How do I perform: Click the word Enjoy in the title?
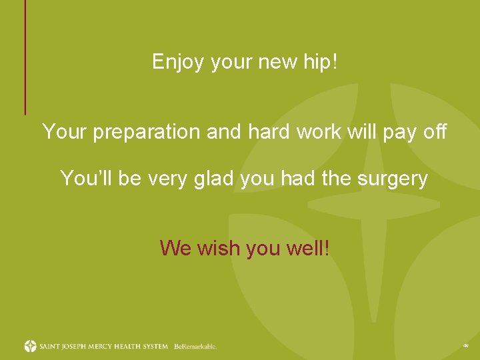tap(179, 63)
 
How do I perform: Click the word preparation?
tap(147, 132)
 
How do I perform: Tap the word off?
tap(435, 132)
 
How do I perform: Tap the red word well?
tap(309, 249)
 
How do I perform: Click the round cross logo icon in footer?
tap(31, 346)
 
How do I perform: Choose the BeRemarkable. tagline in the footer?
tap(195, 347)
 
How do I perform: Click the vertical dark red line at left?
tap(25, 57)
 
